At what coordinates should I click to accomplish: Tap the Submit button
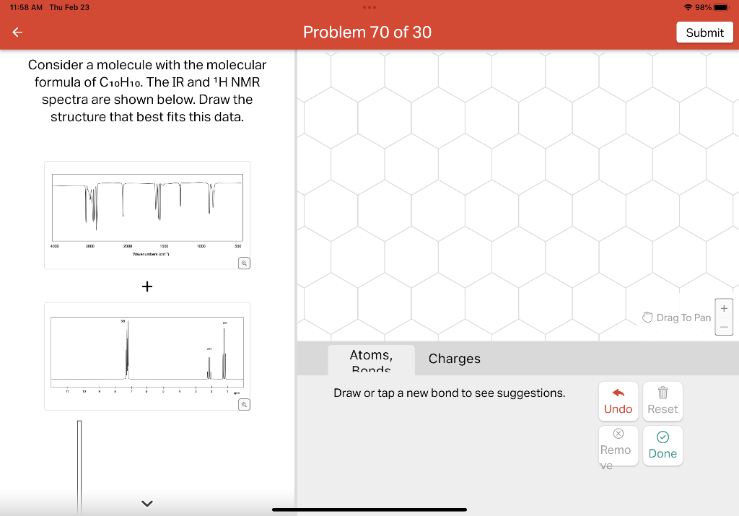pos(704,32)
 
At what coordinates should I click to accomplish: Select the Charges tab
pos(454,359)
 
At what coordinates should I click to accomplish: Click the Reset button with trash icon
pos(663,401)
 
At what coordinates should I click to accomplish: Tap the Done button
pos(663,445)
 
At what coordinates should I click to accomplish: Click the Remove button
pos(617,445)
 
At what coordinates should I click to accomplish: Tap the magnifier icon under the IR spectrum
pos(245,263)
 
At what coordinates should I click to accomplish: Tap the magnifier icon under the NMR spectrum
pos(245,404)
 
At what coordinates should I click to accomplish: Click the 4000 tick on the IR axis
pos(54,246)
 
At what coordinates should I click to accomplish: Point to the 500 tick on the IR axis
pos(237,246)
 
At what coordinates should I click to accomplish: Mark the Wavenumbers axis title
pos(149,253)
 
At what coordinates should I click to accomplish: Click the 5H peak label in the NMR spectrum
pos(123,321)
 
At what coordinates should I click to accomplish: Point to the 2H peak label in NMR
pos(209,349)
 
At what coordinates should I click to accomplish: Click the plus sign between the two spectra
pos(147,287)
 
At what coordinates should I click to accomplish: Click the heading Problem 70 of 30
pos(367,32)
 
